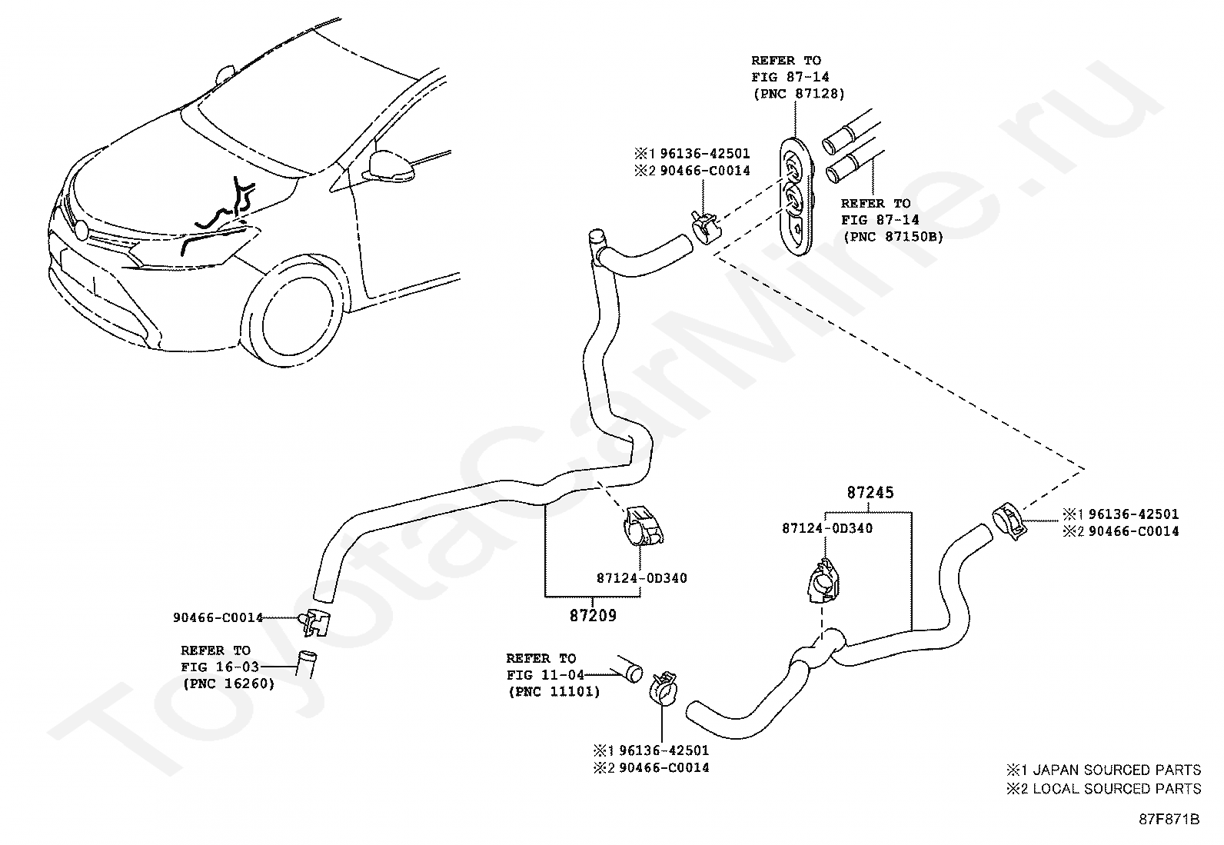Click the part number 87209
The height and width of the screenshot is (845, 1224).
(x=593, y=615)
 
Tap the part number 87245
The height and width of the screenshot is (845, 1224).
(x=870, y=492)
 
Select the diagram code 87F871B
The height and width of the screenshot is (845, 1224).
(x=1169, y=820)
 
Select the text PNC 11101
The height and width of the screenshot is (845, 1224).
(x=554, y=692)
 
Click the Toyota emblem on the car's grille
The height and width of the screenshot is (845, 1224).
(x=81, y=230)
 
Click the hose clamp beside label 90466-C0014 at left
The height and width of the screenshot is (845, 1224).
(x=315, y=622)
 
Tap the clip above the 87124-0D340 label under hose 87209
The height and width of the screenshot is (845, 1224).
(x=644, y=526)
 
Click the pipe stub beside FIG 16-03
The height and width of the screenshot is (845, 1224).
(x=306, y=664)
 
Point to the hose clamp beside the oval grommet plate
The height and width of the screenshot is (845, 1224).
(x=705, y=228)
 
